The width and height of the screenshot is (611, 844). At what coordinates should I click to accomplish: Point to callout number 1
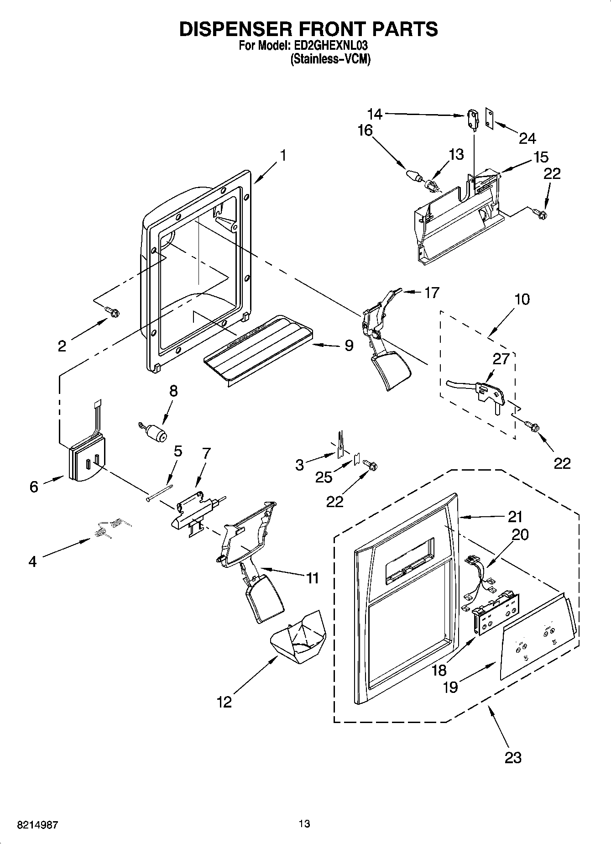tap(283, 156)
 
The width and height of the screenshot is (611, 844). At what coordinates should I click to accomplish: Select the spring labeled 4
tap(112, 528)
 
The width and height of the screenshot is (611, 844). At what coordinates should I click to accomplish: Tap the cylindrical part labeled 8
tap(156, 433)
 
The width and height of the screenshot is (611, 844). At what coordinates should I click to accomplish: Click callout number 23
tap(513, 757)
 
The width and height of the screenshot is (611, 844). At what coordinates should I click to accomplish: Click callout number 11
tap(312, 578)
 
